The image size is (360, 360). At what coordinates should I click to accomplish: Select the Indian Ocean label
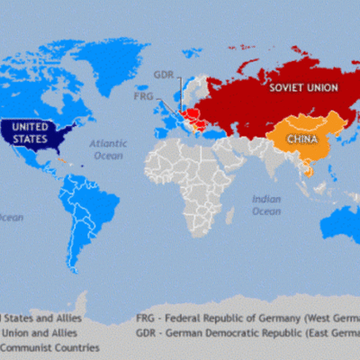click(x=266, y=204)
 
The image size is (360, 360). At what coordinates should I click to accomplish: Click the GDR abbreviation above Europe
click(x=164, y=75)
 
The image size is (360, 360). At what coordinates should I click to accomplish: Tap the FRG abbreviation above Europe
click(x=144, y=94)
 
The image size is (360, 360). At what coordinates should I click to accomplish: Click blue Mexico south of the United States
click(x=36, y=162)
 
